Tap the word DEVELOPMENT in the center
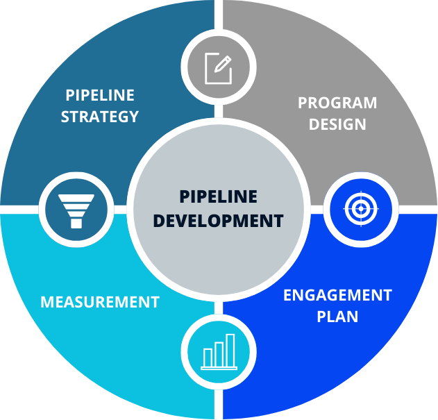[218, 221]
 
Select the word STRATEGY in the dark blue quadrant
[99, 117]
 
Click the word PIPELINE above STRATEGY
[100, 95]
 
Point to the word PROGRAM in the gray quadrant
[337, 103]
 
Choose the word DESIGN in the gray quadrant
[337, 125]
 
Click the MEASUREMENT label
[99, 303]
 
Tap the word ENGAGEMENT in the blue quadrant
[337, 296]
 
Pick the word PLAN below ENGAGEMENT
[337, 317]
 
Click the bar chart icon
[219, 352]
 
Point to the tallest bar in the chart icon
[230, 350]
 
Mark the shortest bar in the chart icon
[207, 358]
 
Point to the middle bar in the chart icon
[219, 353]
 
